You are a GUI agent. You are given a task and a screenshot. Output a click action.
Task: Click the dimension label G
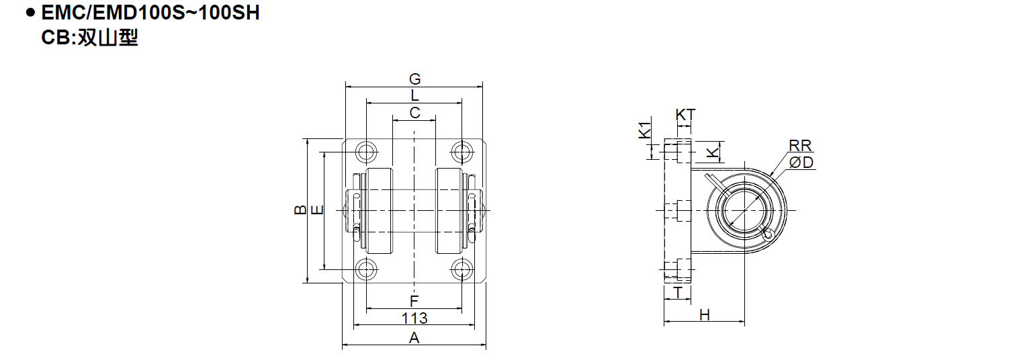(x=414, y=79)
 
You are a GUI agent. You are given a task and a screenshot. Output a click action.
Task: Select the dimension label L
(x=414, y=95)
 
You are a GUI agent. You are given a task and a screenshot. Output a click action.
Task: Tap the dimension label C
(x=414, y=112)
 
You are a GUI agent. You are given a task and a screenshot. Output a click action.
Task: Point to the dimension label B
(x=300, y=210)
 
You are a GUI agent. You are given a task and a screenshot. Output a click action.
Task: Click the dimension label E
(x=318, y=210)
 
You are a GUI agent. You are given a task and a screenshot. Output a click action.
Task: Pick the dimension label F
(x=414, y=301)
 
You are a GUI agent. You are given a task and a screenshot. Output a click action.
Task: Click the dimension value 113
(x=414, y=318)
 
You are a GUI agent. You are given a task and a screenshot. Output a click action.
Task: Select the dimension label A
(x=414, y=337)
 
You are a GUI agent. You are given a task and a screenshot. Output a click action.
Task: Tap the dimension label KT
(x=685, y=115)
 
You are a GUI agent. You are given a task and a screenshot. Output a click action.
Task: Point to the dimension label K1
(x=646, y=130)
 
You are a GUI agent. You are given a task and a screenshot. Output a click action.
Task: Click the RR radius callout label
(x=800, y=145)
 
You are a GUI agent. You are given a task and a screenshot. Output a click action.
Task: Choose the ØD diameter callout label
(x=801, y=162)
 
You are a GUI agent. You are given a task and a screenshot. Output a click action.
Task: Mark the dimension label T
(x=678, y=293)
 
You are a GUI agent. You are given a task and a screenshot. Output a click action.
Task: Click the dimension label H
(x=705, y=315)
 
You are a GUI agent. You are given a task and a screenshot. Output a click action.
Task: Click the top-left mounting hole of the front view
(x=367, y=152)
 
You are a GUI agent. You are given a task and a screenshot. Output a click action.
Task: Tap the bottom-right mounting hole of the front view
(x=461, y=270)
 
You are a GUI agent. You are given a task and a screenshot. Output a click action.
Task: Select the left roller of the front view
(x=379, y=210)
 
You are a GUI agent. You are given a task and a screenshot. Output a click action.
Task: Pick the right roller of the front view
(x=449, y=210)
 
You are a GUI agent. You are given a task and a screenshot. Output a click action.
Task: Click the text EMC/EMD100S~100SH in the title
(x=150, y=13)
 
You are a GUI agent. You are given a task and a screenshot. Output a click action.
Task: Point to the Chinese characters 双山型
(x=108, y=38)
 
